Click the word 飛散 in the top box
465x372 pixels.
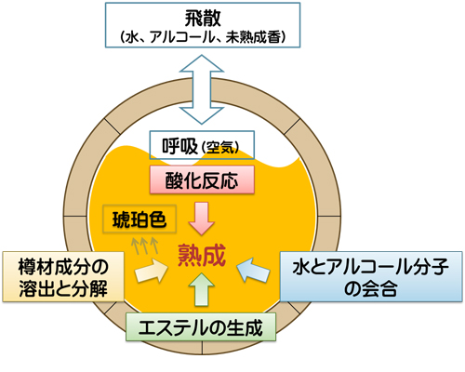point(203,19)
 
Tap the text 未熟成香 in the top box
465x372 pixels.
point(253,37)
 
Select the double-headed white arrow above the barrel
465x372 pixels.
point(202,89)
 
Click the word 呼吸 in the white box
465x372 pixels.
point(179,146)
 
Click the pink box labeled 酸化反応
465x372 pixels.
point(202,179)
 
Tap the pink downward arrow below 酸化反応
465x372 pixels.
point(202,219)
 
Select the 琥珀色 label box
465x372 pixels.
point(139,219)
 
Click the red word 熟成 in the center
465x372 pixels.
point(202,255)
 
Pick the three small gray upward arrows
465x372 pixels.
point(145,246)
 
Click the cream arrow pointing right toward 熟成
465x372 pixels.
point(152,271)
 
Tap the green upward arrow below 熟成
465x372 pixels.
point(202,289)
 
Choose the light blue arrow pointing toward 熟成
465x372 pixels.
point(253,270)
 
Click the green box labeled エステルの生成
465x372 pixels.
point(201,327)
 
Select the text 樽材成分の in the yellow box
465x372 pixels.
point(63,267)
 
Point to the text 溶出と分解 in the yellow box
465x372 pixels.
point(63,288)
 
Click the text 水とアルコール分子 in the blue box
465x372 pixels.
point(371,267)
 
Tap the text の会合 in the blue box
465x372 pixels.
point(371,289)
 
